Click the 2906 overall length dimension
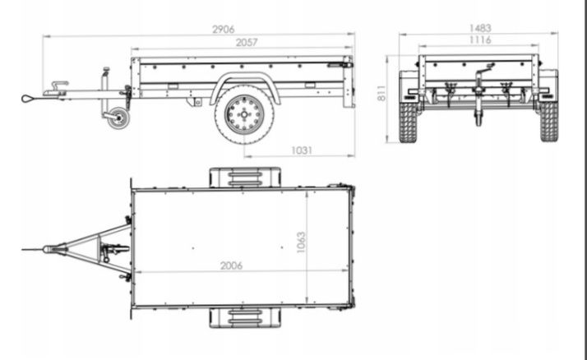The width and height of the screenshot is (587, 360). pos(223,30)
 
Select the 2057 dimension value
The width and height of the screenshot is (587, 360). pos(247,43)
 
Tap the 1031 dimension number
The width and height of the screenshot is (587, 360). pos(302,150)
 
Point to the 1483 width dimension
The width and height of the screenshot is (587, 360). pos(480,28)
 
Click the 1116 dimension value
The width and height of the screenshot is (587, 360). pos(480,40)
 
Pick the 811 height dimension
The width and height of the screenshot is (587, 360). pos(381,93)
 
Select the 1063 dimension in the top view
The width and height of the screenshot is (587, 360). pos(301,242)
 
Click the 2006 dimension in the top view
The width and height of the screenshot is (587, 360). pos(231,265)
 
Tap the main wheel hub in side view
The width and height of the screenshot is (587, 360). pos(244,114)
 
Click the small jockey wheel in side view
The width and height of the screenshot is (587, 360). pos(118,118)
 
